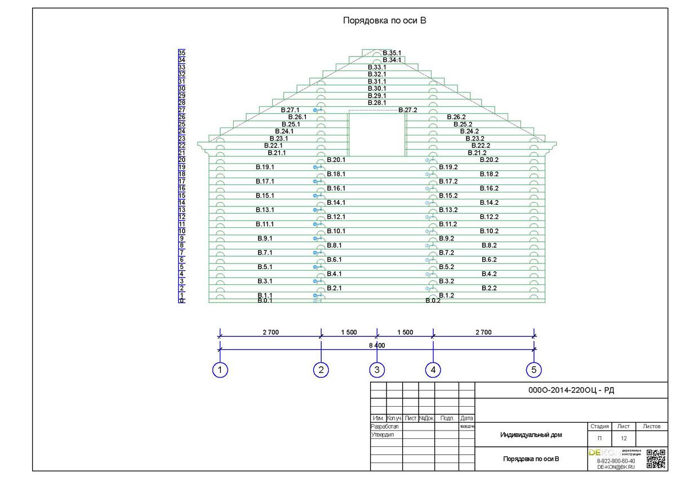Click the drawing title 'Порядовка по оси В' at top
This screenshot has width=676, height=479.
tap(385, 21)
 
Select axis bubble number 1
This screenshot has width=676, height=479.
tap(220, 370)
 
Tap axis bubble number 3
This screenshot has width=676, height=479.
tap(377, 370)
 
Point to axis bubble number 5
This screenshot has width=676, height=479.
tap(534, 370)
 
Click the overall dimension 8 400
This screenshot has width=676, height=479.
tap(377, 345)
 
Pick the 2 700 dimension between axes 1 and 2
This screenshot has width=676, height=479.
tap(270, 332)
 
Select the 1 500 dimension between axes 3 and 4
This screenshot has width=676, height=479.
tap(405, 332)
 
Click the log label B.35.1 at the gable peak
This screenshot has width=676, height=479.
tap(392, 53)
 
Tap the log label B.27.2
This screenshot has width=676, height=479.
tap(408, 110)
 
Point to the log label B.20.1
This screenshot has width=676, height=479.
tap(336, 160)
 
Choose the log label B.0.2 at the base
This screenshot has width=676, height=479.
tap(433, 301)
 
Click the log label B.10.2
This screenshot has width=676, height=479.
tap(489, 231)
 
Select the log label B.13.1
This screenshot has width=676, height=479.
tap(265, 210)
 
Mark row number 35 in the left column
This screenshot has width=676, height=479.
tap(182, 53)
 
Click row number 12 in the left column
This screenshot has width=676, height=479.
tap(182, 217)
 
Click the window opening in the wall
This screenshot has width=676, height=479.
tap(377, 134)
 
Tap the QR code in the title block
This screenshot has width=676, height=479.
tap(656, 459)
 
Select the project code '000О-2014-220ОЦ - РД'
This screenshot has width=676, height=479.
tap(571, 390)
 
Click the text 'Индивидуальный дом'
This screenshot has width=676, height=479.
tap(531, 435)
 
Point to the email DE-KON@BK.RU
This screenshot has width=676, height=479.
tap(616, 467)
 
